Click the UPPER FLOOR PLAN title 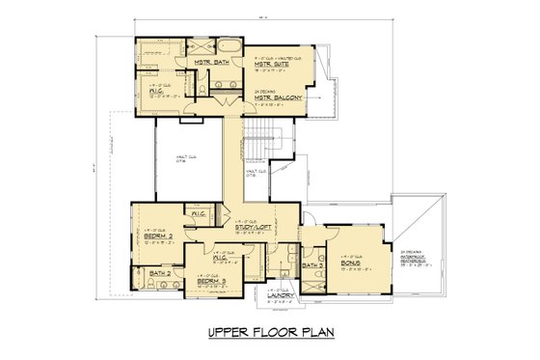point(269,334)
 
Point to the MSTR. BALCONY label point(279,98)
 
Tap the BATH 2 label point(160,275)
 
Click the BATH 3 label point(311,264)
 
